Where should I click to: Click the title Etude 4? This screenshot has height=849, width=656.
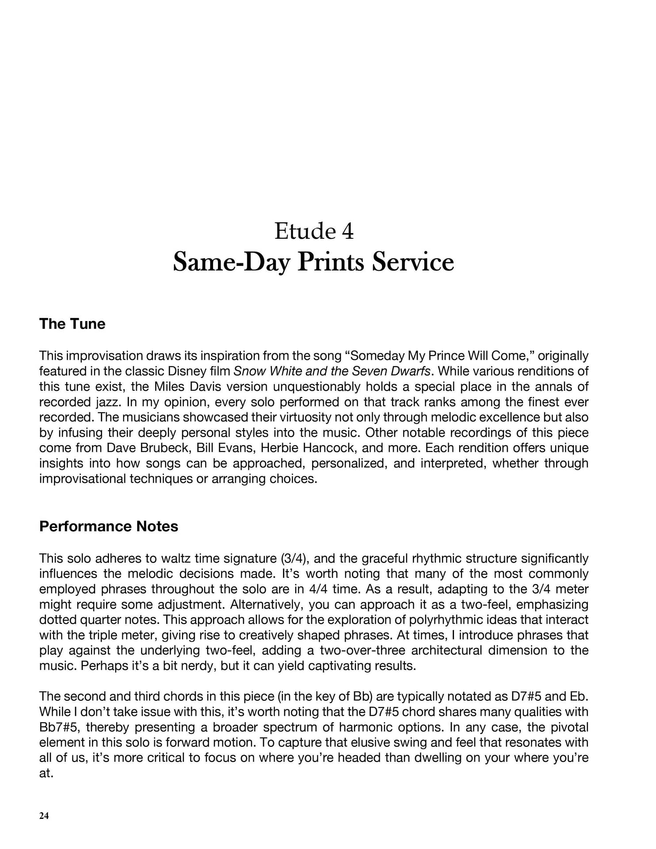click(x=314, y=231)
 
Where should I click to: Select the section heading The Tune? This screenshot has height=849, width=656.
click(x=72, y=324)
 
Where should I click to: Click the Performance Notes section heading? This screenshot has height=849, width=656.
click(x=108, y=526)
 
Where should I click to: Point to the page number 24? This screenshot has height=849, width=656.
click(x=44, y=816)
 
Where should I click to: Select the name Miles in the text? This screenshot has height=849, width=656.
click(x=170, y=386)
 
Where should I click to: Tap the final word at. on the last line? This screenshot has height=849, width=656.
click(x=46, y=773)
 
